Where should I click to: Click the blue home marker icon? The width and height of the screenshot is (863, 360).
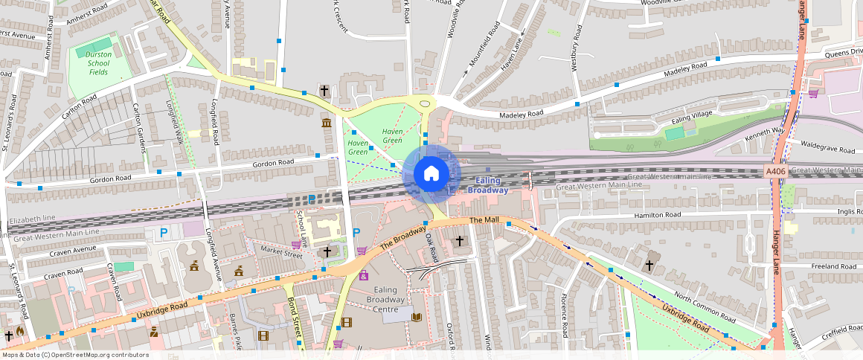[x=431, y=174]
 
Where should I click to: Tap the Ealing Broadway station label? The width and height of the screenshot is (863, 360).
[x=487, y=185]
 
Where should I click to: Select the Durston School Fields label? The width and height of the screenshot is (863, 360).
[x=98, y=63]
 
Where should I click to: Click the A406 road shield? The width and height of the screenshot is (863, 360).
[x=776, y=172]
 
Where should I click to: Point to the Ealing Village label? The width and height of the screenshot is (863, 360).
[x=692, y=117]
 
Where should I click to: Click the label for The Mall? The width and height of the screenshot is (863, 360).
[x=484, y=221]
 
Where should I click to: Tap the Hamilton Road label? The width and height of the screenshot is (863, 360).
[x=657, y=214]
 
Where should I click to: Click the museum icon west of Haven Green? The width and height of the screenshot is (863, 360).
[x=327, y=122]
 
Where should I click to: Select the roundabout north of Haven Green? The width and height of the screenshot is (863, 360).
[x=425, y=105]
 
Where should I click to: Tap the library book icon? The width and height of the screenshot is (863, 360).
[x=417, y=318]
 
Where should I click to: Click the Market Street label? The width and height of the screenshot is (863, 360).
[x=281, y=254]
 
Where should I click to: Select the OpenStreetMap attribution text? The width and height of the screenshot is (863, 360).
[x=74, y=355]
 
